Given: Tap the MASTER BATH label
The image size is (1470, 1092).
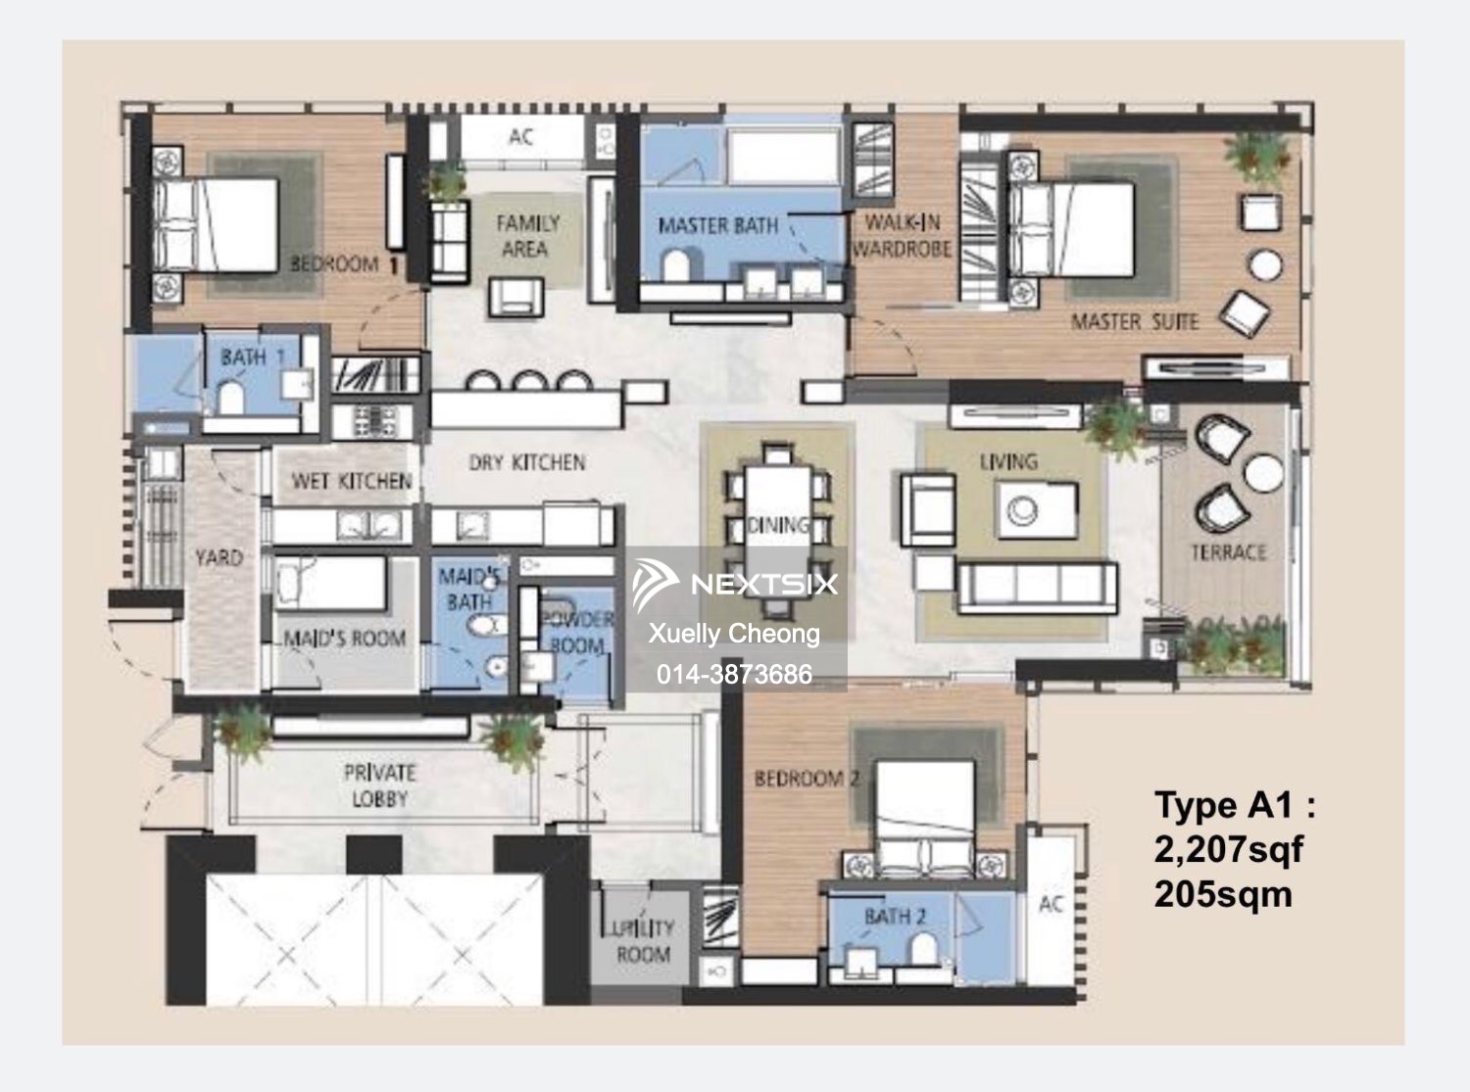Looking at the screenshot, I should [717, 226].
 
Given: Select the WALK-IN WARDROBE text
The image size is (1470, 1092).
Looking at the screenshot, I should [902, 236].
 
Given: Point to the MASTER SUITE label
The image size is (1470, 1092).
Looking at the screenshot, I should [1134, 321].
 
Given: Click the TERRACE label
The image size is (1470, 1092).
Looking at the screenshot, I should [1228, 552].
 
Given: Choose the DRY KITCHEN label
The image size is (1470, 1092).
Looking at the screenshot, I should [526, 462].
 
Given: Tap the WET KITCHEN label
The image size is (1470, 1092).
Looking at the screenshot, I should [351, 481].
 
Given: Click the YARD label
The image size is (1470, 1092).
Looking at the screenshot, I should [218, 557].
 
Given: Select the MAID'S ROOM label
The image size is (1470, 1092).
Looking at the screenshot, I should [344, 640].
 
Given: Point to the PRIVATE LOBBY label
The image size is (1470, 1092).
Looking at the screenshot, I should [379, 785].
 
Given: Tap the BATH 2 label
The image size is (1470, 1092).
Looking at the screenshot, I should [895, 917].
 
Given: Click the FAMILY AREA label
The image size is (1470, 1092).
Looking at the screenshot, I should [526, 236].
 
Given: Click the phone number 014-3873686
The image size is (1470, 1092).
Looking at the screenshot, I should [734, 674].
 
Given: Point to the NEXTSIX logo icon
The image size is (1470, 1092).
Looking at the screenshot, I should [655, 584].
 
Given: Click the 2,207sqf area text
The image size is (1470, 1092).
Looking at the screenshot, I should [1228, 849].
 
